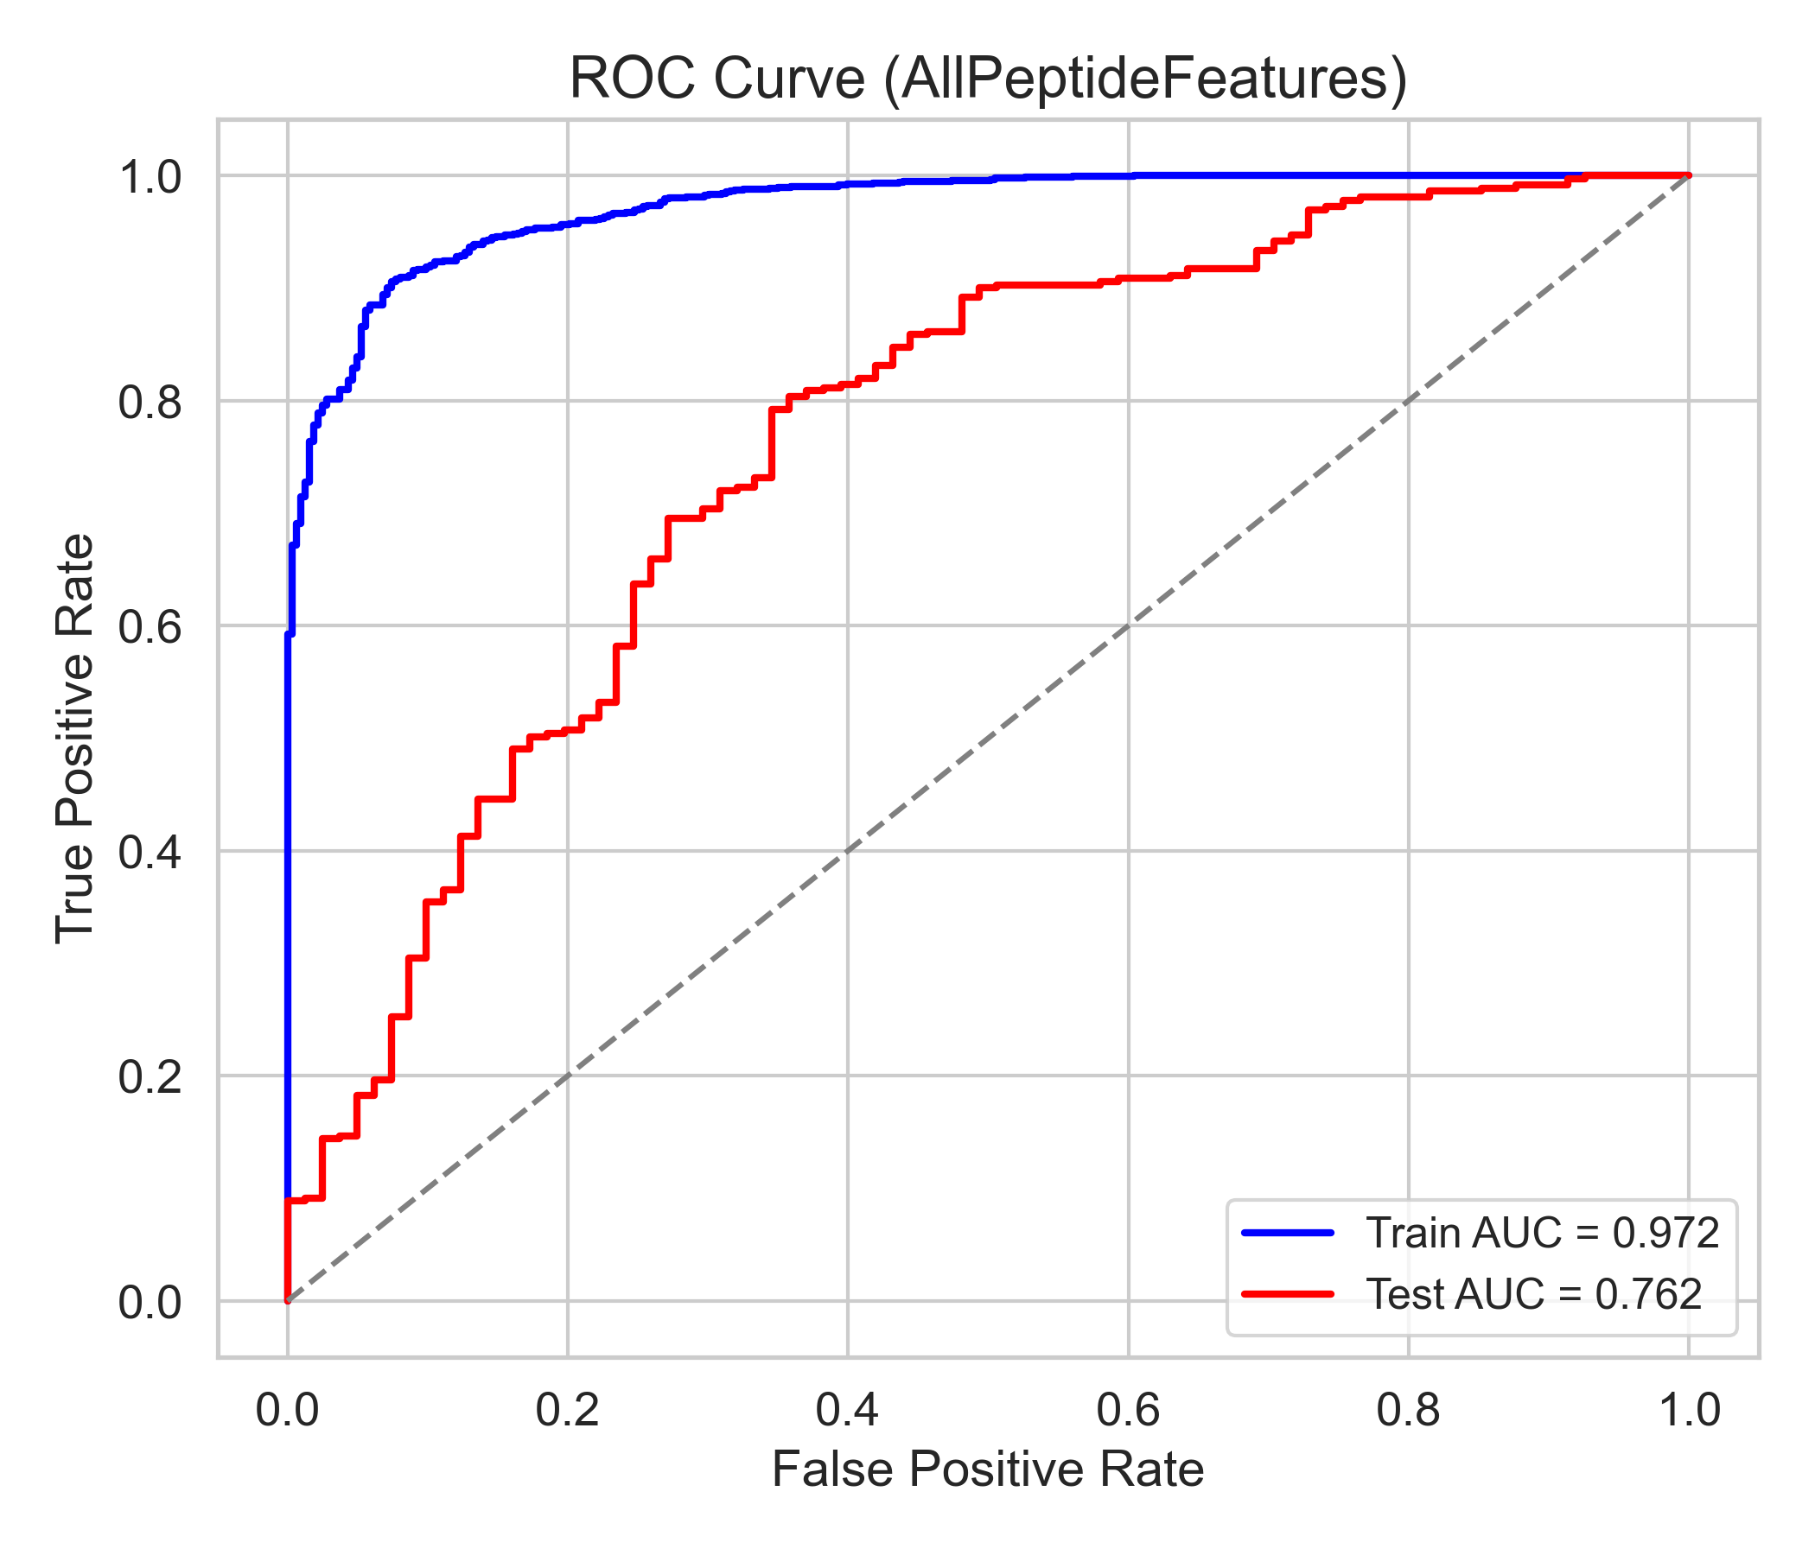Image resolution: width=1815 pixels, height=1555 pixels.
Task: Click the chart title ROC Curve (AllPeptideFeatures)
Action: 988,79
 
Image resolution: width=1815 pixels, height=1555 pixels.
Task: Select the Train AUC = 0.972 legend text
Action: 1543,1234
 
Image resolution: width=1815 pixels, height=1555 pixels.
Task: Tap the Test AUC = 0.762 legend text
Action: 1534,1294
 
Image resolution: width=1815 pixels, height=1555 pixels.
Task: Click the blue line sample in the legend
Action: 1288,1233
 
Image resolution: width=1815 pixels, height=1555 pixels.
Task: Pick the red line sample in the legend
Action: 1288,1293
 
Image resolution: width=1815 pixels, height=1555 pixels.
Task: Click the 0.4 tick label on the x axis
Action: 847,1411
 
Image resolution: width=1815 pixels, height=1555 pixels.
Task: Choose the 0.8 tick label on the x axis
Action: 1408,1411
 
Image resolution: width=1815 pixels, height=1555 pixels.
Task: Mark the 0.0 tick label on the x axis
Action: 287,1411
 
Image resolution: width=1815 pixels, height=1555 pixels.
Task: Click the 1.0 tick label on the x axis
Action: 1688,1411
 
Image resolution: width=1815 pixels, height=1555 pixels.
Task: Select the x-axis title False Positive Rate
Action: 987,1469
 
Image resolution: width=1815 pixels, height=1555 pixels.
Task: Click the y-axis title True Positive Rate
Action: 74,738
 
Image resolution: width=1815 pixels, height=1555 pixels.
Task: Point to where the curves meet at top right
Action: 1688,175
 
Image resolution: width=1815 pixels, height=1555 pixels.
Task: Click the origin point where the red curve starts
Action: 287,1300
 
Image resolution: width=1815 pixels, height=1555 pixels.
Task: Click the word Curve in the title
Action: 788,79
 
